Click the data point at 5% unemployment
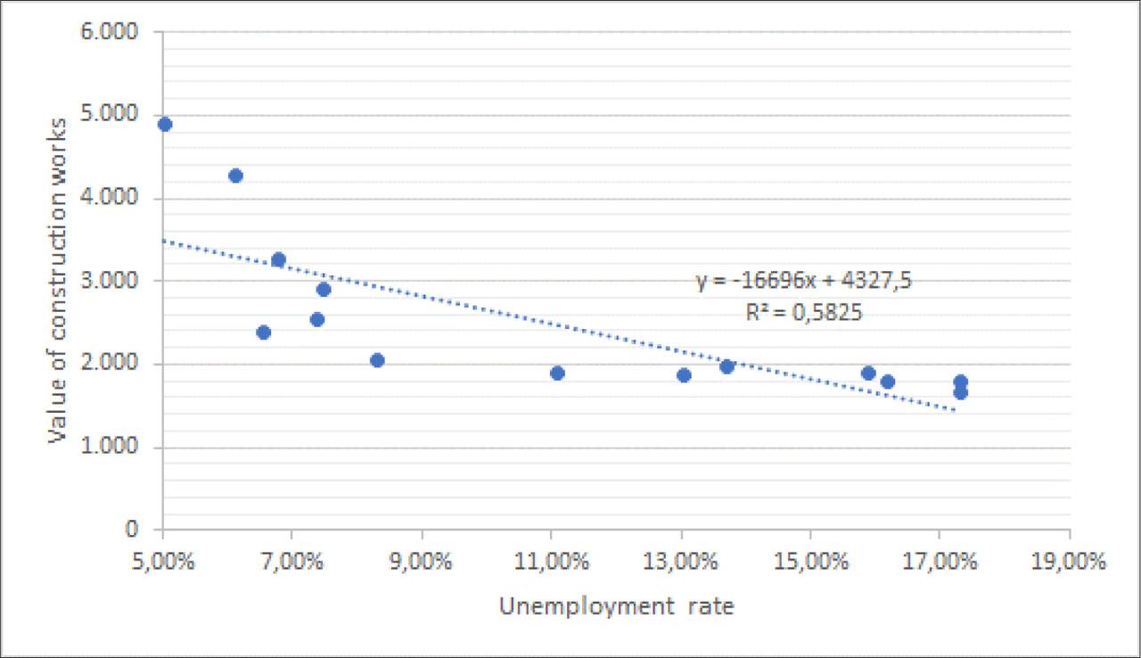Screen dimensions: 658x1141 pos(164,124)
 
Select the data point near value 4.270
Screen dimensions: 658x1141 pos(235,176)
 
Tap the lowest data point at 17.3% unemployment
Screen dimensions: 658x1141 pos(960,392)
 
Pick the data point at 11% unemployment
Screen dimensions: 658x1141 pos(557,373)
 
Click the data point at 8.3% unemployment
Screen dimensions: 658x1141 pos(377,360)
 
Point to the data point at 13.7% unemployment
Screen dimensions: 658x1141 pos(726,366)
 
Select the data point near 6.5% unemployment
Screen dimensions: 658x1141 pos(263,333)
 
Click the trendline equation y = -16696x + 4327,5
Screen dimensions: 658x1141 pos(804,282)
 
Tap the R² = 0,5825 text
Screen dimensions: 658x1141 pos(804,313)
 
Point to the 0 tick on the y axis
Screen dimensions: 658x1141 pos(132,530)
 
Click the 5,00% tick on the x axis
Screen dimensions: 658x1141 pos(163,563)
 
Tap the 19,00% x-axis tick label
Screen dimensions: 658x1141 pos(1069,563)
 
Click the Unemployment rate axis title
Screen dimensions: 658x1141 pos(616,607)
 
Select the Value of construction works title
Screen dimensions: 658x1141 pos(59,280)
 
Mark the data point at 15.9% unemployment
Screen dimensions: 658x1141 pos(868,373)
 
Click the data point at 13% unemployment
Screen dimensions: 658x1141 pos(684,375)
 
